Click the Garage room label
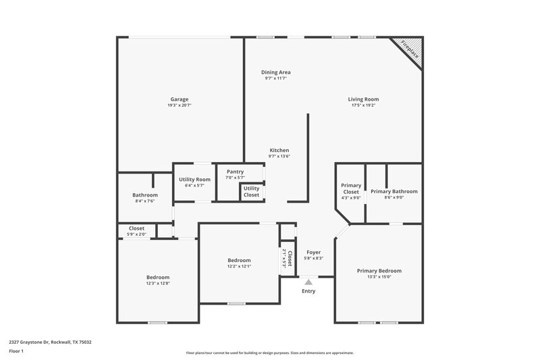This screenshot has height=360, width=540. coord(179,99)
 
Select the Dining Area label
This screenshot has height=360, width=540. coord(276,72)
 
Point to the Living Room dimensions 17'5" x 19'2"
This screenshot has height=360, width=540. coord(363,105)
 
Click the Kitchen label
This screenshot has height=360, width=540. coord(279,150)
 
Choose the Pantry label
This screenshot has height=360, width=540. coord(235,172)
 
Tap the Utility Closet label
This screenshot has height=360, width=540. coord(251,191)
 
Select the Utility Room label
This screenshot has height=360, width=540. coord(194,179)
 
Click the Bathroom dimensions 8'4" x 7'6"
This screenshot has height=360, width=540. coord(144,201)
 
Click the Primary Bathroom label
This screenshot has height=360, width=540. coord(394,191)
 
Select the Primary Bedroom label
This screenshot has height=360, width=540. coord(379,270)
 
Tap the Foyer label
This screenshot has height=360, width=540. coord(313,252)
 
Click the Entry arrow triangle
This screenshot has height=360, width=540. coord(308,282)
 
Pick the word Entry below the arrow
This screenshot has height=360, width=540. coord(308,291)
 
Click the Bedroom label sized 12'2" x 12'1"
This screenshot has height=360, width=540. coord(239,260)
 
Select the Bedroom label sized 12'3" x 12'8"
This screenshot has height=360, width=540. coord(158,277)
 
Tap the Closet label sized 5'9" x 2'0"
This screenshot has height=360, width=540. coord(136,228)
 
